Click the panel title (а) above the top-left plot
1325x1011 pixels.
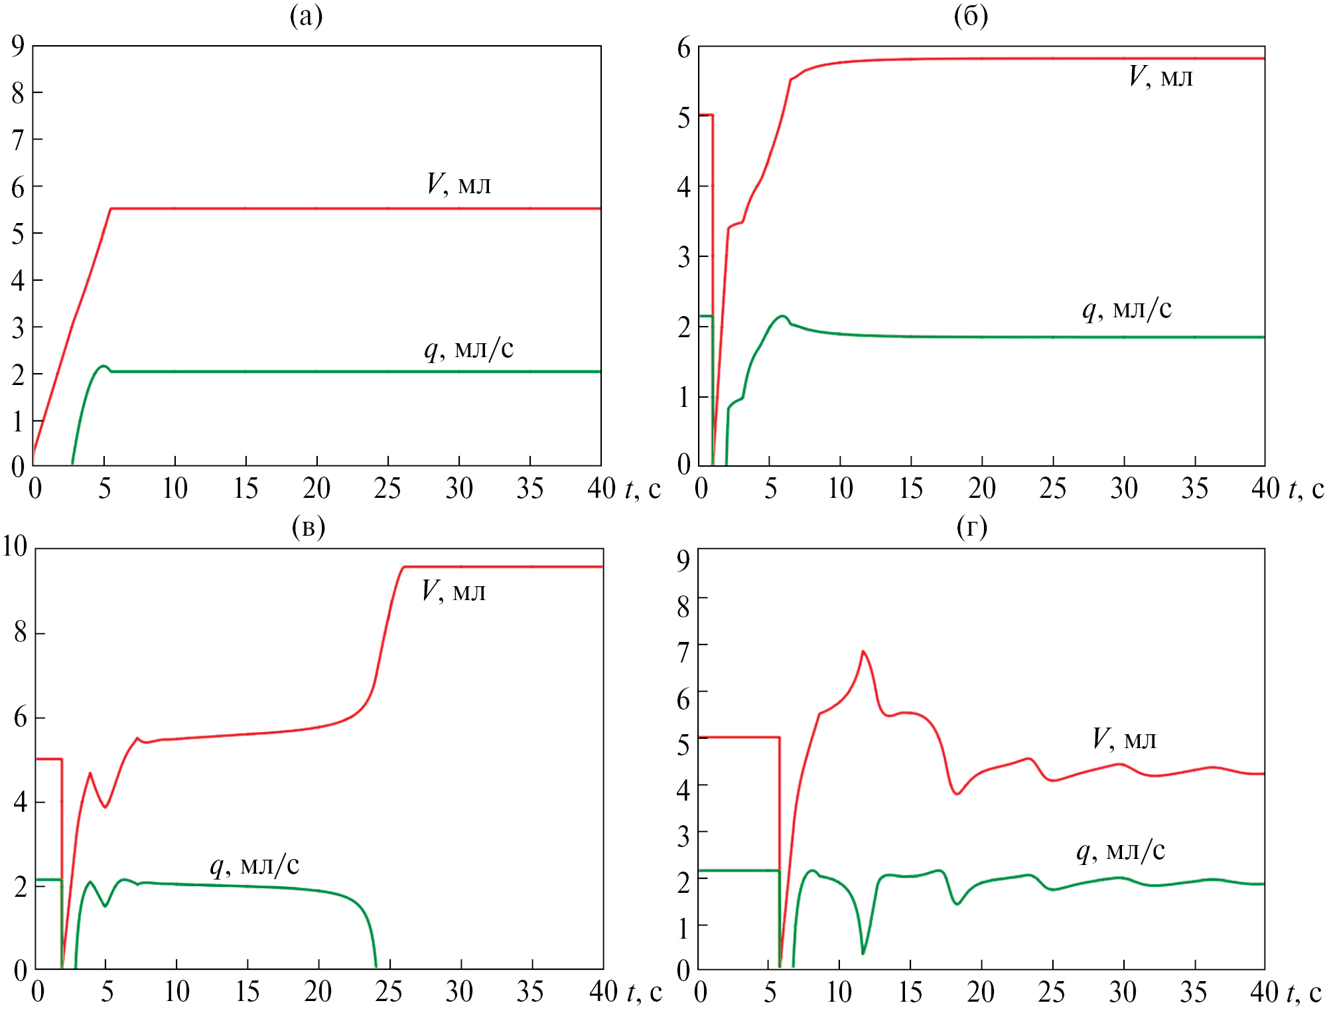click(306, 16)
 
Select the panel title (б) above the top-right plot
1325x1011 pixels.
click(971, 16)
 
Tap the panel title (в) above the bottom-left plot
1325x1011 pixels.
click(309, 526)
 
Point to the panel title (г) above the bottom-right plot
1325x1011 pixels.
click(972, 526)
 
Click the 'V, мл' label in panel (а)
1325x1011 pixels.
click(458, 184)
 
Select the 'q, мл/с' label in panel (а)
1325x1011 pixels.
click(468, 348)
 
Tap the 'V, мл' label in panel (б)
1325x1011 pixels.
click(1160, 76)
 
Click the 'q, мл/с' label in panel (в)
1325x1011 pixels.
click(255, 864)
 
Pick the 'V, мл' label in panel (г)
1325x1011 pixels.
click(1124, 738)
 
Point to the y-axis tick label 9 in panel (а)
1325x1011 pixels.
click(18, 45)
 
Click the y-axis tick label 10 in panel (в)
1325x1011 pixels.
click(15, 546)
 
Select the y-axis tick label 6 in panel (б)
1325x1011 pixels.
click(683, 48)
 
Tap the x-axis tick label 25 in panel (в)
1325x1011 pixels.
click(388, 992)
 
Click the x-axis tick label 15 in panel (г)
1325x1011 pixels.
click(910, 992)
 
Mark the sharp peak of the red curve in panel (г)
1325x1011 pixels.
click(863, 651)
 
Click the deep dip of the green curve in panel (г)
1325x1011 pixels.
click(863, 953)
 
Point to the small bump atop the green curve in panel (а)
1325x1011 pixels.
click(103, 366)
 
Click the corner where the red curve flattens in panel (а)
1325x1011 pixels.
click(111, 208)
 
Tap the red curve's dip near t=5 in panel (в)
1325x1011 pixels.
click(105, 807)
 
